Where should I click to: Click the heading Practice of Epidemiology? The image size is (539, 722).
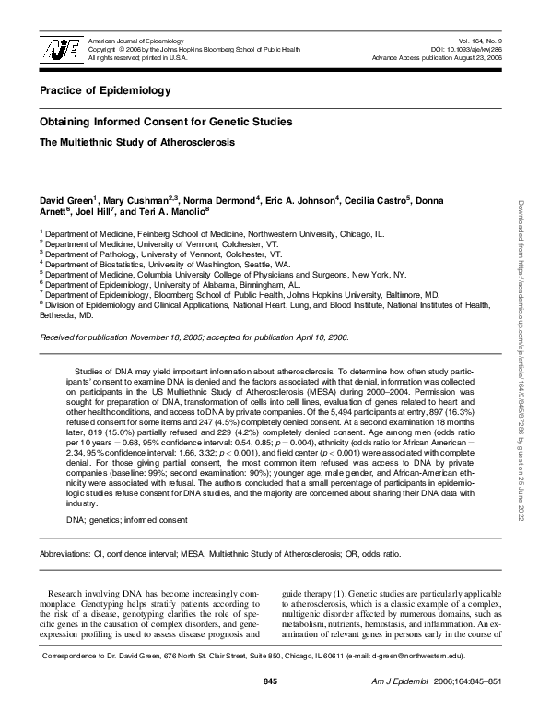tap(106, 91)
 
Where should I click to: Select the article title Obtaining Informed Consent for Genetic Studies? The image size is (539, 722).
tap(166, 122)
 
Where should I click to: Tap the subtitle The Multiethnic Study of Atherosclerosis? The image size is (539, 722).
tap(136, 143)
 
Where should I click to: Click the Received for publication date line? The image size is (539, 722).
tap(193, 337)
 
